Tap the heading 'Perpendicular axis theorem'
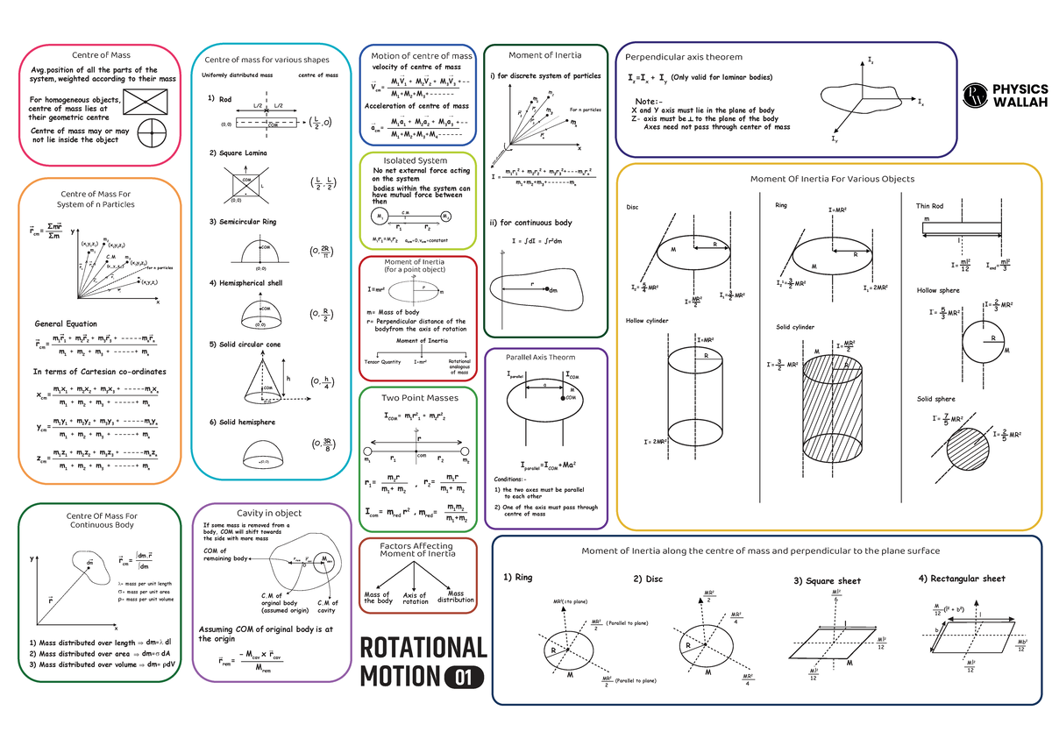[684, 57]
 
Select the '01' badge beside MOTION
[465, 678]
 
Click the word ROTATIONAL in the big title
[423, 648]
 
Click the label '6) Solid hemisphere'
[242, 423]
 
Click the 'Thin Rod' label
[929, 206]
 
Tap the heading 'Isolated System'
[416, 160]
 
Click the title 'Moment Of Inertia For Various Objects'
[832, 179]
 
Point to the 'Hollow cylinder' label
[647, 321]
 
